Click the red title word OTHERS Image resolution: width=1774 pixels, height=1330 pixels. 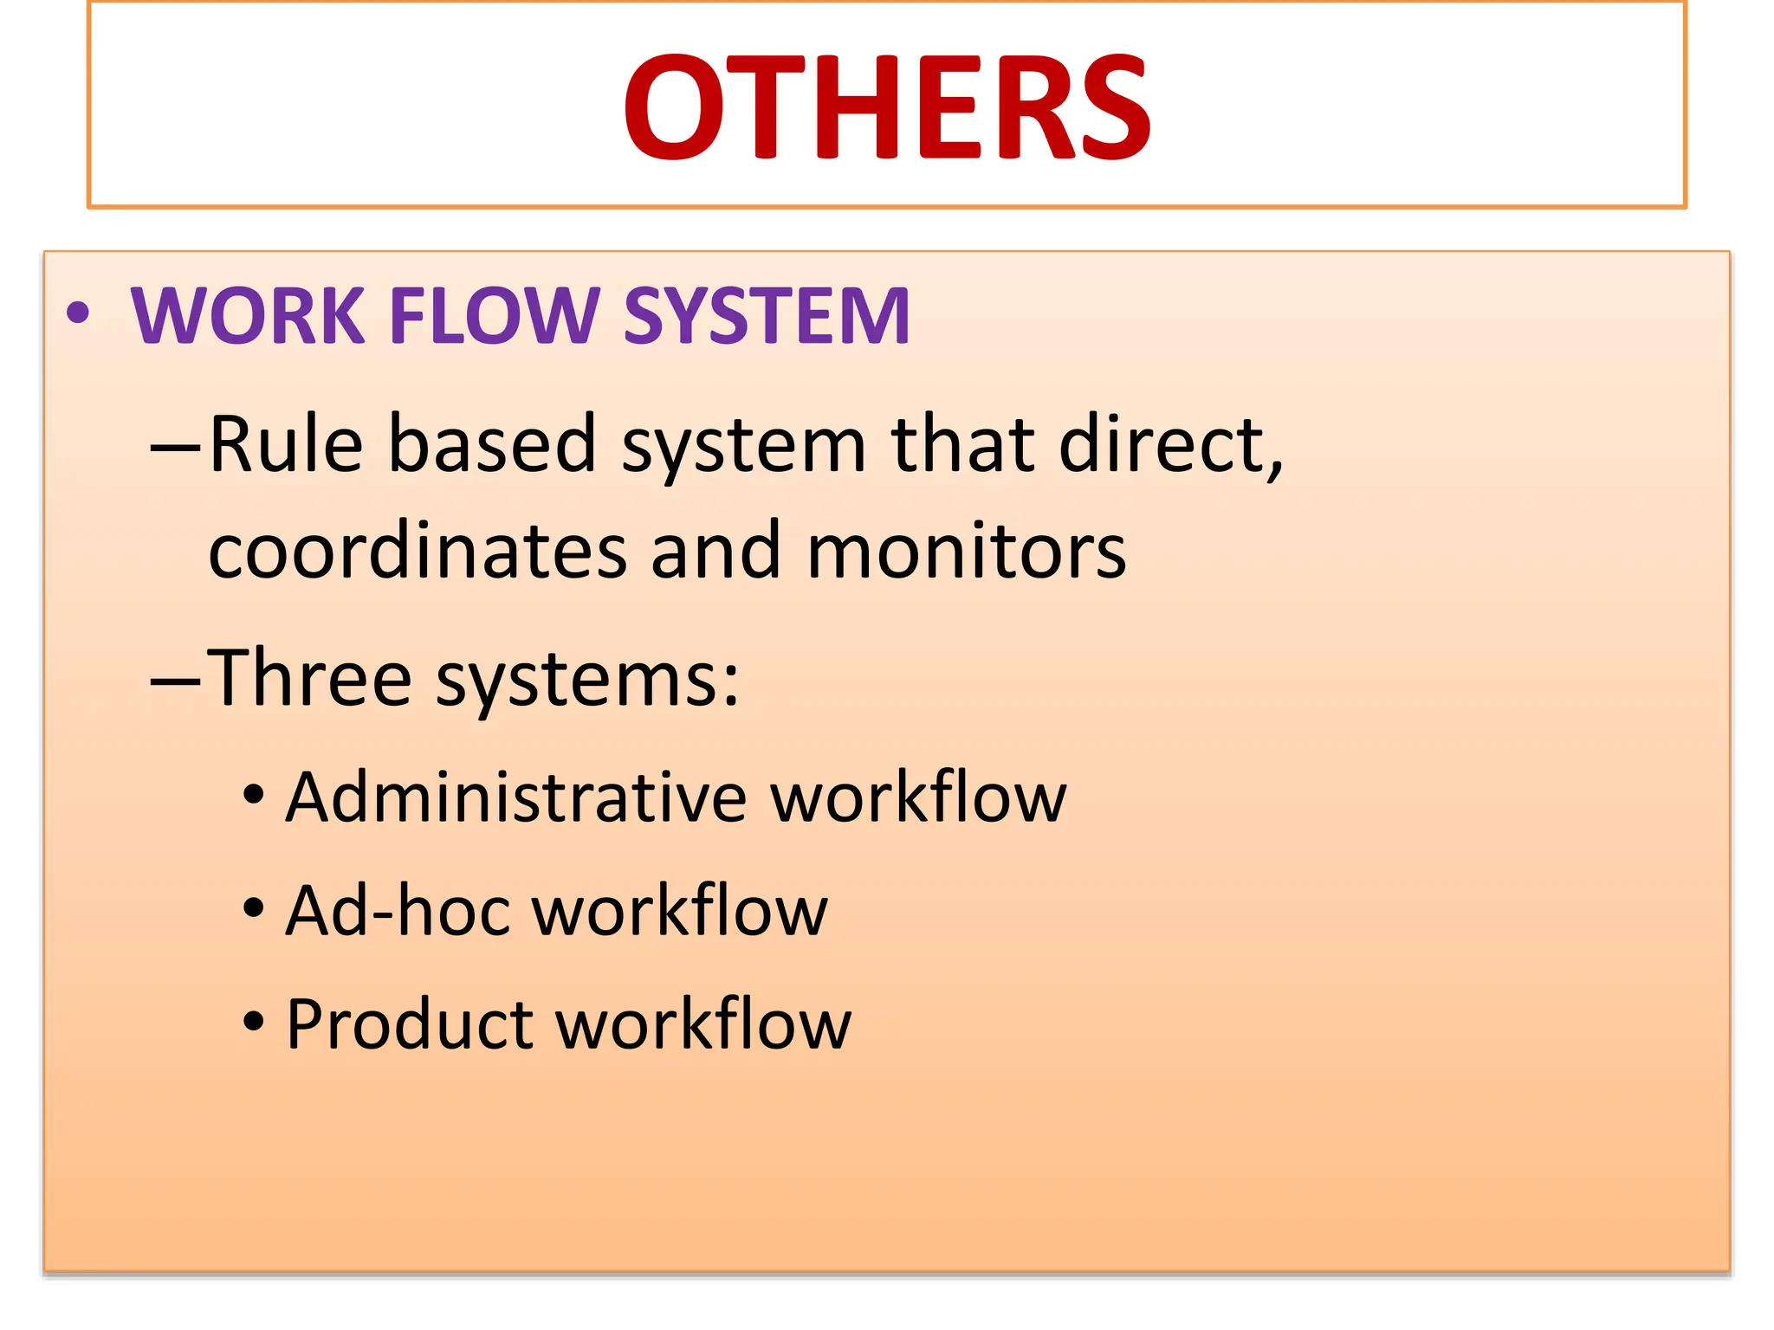tap(887, 107)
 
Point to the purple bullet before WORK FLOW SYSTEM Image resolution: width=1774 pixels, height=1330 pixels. tap(78, 313)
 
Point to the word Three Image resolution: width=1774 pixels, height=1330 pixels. tap(309, 678)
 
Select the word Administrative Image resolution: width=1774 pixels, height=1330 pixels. tap(516, 797)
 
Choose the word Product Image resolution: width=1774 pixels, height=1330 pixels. tap(410, 1024)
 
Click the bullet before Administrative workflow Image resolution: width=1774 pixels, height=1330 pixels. tap(253, 795)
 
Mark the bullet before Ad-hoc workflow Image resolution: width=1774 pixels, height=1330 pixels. tap(253, 908)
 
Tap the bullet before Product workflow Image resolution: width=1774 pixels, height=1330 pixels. tap(253, 1022)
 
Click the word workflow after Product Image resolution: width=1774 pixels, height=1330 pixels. tap(703, 1024)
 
